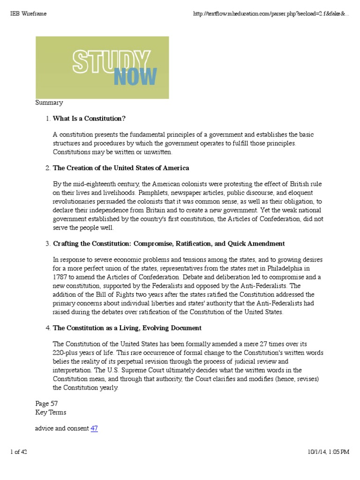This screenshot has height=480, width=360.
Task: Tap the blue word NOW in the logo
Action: point(135,76)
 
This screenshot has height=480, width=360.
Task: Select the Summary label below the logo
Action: point(49,103)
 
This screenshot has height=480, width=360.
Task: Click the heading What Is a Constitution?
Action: point(89,118)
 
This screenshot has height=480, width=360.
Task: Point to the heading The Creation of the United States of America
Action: point(121,168)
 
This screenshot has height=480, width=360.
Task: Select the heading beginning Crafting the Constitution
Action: point(169,244)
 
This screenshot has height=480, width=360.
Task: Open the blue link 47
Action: point(94,428)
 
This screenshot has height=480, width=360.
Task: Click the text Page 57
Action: point(47,403)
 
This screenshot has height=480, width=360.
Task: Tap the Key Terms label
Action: point(51,412)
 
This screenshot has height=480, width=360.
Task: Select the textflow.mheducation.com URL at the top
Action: point(271,14)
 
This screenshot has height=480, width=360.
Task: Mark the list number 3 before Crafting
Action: point(47,244)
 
